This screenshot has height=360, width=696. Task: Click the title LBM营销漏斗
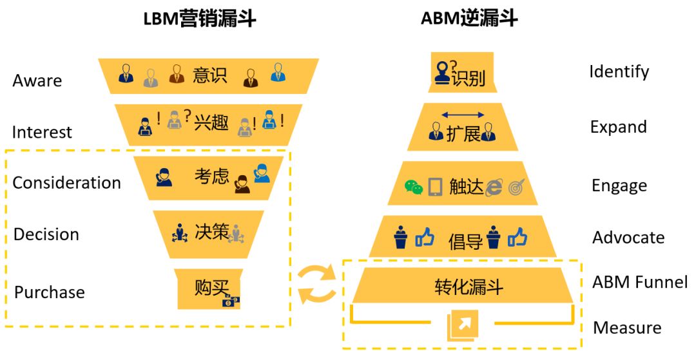coord(199,19)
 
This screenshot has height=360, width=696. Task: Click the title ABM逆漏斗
coord(469,18)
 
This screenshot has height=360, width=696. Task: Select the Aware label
coord(37,81)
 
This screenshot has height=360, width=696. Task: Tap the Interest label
coord(42,132)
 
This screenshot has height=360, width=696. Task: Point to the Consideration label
coord(66,183)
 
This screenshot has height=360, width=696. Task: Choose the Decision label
coord(46,234)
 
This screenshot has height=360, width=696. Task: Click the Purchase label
coord(50,292)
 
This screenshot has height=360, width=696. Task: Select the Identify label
coord(619,71)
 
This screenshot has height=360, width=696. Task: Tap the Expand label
coord(618,127)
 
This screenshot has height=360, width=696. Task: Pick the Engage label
coord(619,186)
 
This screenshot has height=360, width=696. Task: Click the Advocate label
coord(628,238)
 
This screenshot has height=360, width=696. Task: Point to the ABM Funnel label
coord(640,282)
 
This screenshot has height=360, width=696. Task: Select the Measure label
coord(627,328)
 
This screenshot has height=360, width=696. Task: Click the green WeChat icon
coord(414,187)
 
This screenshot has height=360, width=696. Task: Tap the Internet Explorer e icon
coord(494,187)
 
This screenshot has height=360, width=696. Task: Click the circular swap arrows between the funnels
coord(316,284)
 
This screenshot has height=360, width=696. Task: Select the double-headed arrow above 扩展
coord(462,115)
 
